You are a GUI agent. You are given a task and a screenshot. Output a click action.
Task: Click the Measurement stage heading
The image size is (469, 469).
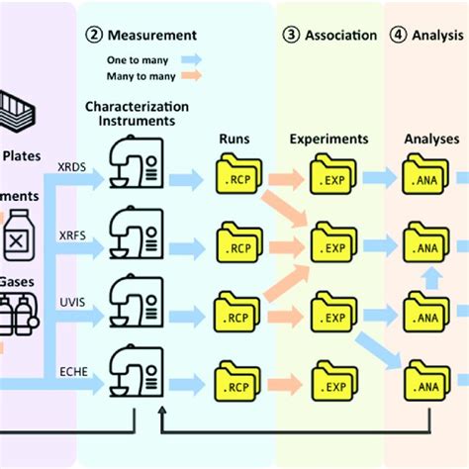(x=148, y=36)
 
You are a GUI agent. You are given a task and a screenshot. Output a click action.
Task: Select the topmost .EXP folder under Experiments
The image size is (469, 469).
(x=335, y=177)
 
